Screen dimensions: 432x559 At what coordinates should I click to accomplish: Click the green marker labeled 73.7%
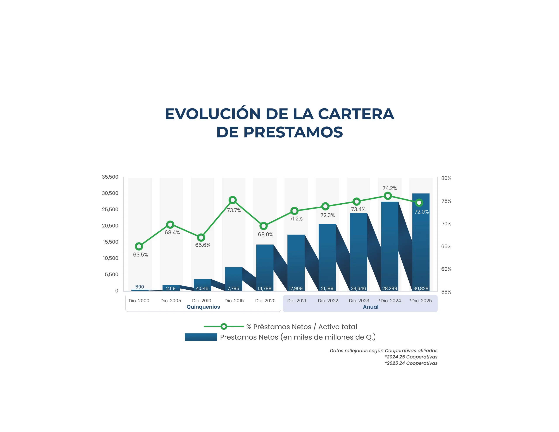(232, 200)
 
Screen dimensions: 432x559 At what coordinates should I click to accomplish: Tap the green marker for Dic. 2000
(139, 246)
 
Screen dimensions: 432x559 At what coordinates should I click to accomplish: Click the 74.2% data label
(390, 188)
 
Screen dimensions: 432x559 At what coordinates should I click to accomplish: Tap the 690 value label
(140, 287)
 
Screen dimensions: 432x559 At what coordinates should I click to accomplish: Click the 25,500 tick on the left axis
(110, 209)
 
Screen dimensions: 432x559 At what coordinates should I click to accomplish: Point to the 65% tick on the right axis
(446, 246)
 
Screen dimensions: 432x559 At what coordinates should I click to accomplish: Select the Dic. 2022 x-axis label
(328, 301)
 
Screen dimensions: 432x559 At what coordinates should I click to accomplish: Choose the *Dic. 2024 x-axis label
(390, 301)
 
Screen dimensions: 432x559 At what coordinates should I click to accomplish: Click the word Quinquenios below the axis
(203, 307)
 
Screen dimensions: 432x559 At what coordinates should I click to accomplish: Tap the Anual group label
(370, 307)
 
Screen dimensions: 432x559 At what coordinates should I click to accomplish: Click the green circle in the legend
(224, 327)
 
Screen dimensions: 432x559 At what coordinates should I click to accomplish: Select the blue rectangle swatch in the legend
(201, 337)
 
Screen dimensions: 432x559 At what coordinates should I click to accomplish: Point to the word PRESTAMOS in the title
(293, 132)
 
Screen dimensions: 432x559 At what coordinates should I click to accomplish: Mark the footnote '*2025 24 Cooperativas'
(411, 363)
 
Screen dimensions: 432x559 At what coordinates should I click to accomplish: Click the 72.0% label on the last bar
(421, 212)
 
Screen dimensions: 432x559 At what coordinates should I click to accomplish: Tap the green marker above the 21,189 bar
(325, 206)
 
